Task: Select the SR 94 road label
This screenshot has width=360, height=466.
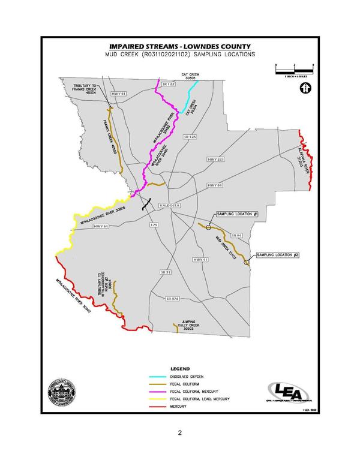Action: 235,236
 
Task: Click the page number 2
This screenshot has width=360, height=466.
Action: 179,432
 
